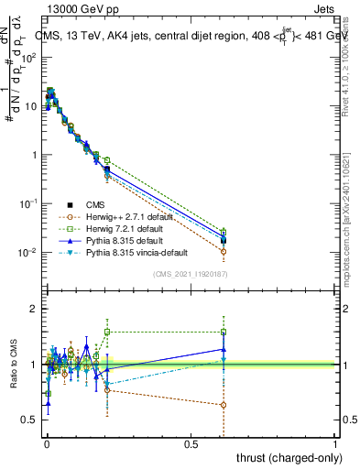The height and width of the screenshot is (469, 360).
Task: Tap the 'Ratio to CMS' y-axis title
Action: (13, 365)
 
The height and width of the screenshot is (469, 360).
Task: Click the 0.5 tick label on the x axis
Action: (191, 442)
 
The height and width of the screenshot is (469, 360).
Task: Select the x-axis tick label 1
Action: (335, 442)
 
